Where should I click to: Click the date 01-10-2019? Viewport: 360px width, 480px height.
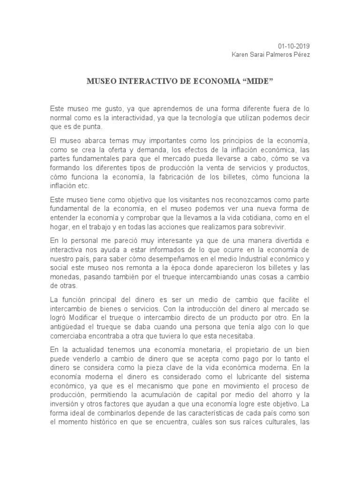[294, 46]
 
